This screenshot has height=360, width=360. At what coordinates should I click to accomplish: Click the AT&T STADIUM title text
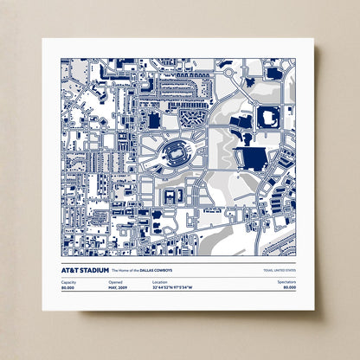coord(86,269)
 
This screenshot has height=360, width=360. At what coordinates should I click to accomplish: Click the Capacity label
coord(69,282)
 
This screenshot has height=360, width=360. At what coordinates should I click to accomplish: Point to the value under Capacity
coord(68,288)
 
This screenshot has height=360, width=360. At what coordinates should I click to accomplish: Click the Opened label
coord(115,282)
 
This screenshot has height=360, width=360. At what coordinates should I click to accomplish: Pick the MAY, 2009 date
coord(119,288)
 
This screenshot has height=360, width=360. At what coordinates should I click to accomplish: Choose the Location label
coord(160,282)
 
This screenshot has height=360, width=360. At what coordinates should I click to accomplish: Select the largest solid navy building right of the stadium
coord(252,157)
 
